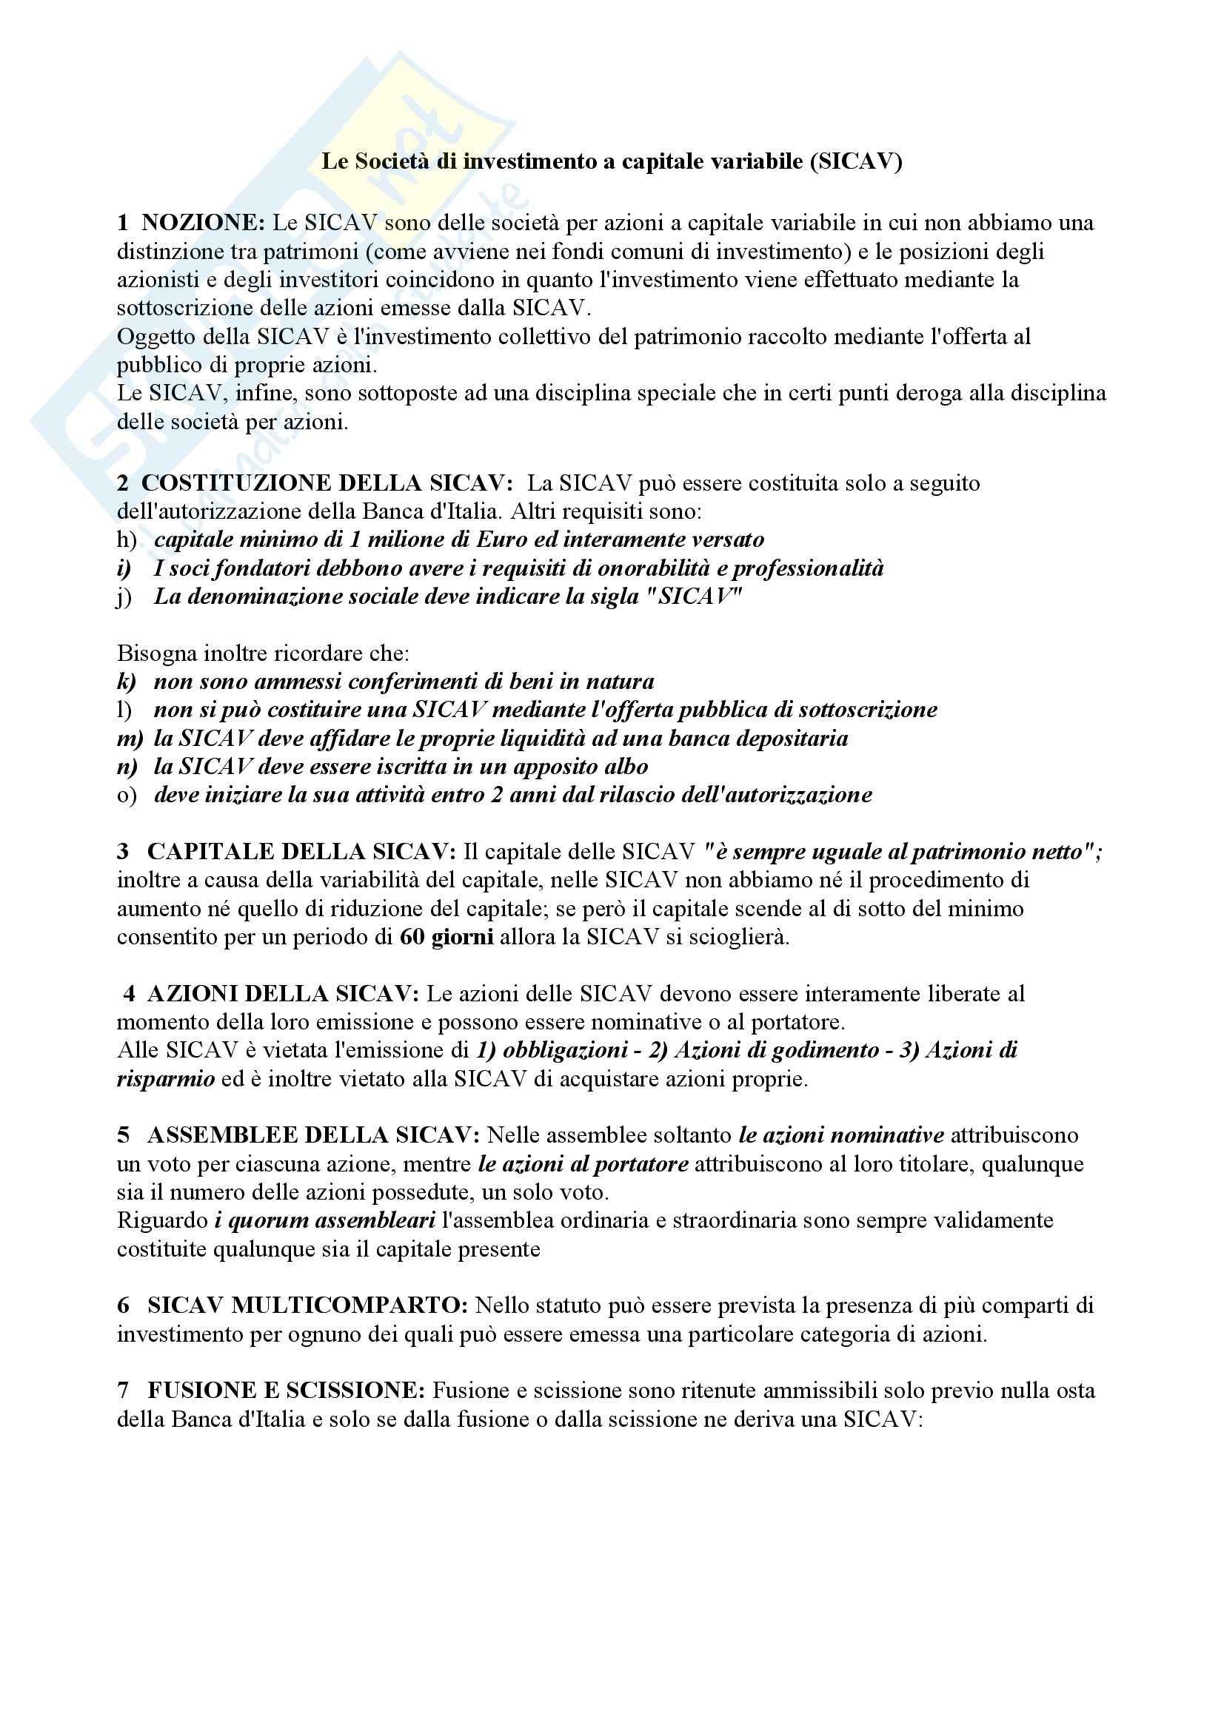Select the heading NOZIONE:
[x=203, y=223]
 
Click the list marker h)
[x=127, y=540]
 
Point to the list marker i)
[x=124, y=568]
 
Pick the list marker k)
[x=127, y=682]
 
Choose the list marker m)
[x=130, y=738]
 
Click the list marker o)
[x=127, y=796]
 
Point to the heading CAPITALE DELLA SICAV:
[x=301, y=852]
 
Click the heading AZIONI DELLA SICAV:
[x=283, y=994]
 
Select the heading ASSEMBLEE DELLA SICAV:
[x=313, y=1135]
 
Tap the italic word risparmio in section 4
[x=166, y=1079]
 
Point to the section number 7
[x=123, y=1391]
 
